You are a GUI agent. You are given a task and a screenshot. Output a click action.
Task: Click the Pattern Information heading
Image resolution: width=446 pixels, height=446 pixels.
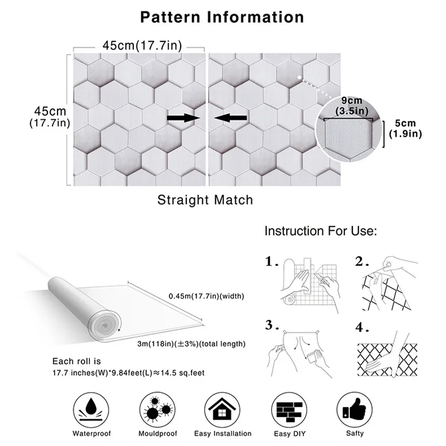click(222, 16)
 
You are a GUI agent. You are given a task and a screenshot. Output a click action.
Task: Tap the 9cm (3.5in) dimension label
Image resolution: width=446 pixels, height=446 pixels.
click(352, 105)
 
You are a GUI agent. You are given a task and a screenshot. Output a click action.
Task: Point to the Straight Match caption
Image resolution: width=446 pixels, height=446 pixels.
click(205, 200)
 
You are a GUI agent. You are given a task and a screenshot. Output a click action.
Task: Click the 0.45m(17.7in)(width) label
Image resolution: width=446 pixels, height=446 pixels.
click(206, 295)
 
